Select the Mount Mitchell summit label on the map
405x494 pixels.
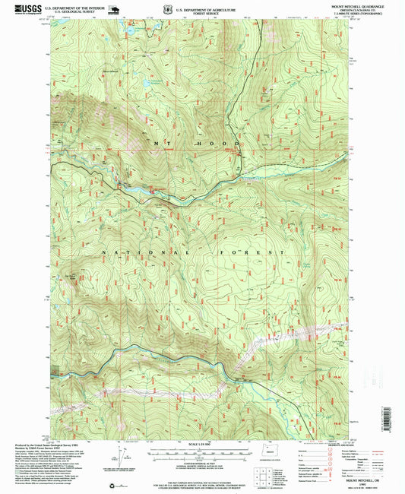109,72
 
